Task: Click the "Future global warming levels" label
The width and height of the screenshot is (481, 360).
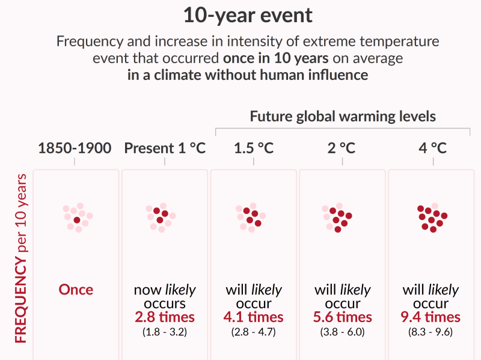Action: tap(343, 116)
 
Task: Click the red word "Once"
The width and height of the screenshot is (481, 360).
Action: tap(76, 290)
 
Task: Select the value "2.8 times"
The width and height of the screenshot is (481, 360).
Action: tap(165, 317)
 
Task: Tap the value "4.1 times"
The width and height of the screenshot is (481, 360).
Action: tap(253, 317)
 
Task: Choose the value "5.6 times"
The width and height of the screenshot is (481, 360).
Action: tap(343, 317)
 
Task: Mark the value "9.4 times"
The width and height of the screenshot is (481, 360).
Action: tap(432, 317)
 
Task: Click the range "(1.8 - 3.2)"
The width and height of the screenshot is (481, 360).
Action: tap(165, 331)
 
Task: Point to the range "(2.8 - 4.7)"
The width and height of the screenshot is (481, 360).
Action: tap(253, 331)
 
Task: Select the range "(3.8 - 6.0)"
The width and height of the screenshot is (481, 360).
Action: tap(343, 331)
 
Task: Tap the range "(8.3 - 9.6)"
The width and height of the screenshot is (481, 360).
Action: tap(432, 331)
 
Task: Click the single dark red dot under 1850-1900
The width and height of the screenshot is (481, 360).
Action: tap(77, 220)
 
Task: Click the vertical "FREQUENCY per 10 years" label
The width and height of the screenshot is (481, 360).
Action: tap(22, 258)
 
